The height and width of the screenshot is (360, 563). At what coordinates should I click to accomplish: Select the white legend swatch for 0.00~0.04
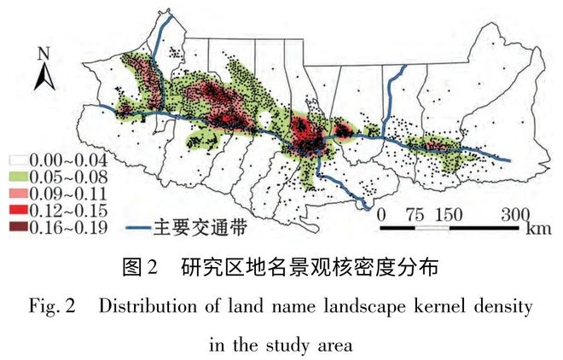(17, 160)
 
